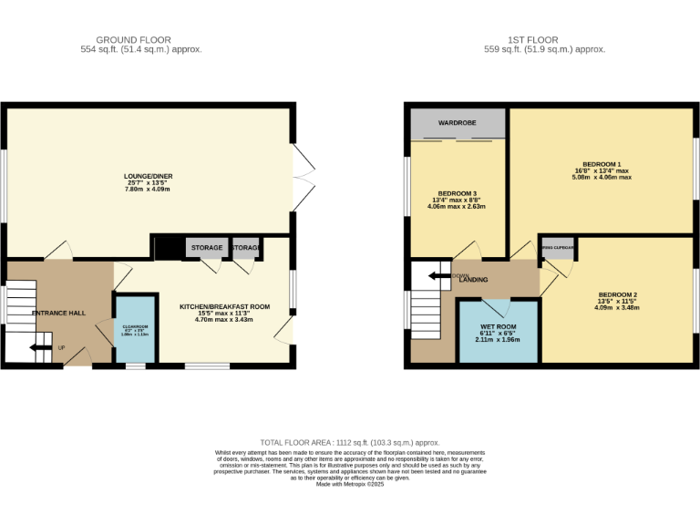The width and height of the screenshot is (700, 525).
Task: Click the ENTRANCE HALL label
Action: click(x=58, y=313)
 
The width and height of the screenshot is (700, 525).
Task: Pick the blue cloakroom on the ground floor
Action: click(x=135, y=329)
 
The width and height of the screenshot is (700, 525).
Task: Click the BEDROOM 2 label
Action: click(x=617, y=294)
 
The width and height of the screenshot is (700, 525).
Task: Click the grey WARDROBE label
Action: click(x=458, y=121)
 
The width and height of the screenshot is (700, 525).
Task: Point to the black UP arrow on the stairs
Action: click(x=42, y=347)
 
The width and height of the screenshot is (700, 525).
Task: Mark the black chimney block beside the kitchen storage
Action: click(x=168, y=249)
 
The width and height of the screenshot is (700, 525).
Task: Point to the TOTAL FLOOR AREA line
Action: click(x=350, y=440)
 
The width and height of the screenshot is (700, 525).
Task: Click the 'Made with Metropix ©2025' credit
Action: click(x=350, y=484)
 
